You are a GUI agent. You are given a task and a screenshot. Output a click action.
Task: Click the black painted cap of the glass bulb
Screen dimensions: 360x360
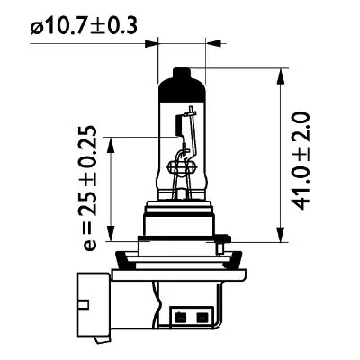tap(181, 90)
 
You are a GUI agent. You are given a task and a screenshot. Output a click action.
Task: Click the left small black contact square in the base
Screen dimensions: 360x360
tap(185, 316)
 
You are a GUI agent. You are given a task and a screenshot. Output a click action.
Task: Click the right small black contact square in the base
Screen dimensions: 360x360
tap(201, 316)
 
